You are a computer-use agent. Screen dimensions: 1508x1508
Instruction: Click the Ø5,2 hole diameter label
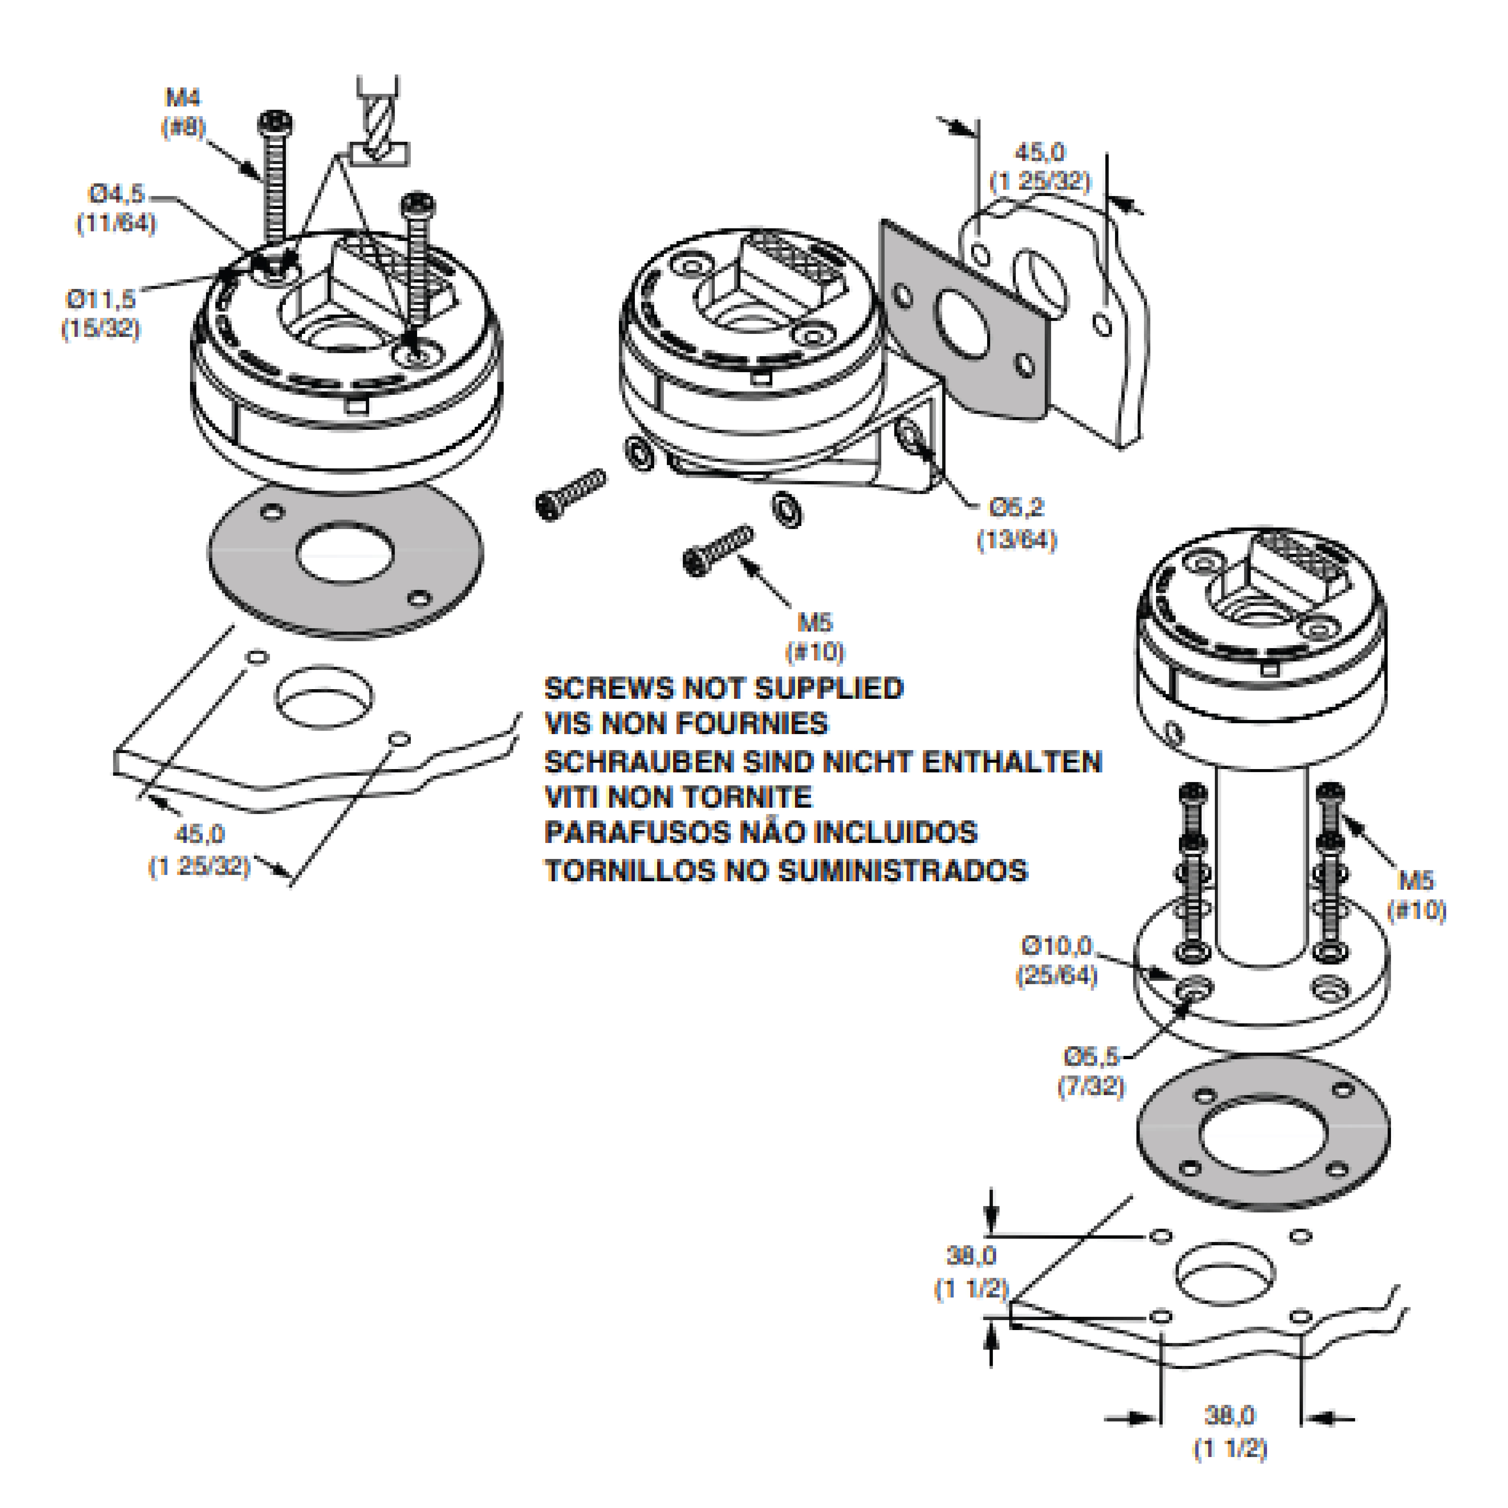1016,523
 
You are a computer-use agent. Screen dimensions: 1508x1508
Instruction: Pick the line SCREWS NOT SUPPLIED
724,689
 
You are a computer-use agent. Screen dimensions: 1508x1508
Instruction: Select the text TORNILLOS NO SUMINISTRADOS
786,870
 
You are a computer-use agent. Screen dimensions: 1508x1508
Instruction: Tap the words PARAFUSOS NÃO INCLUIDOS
761,833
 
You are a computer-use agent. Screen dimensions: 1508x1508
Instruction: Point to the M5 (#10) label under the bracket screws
815,636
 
